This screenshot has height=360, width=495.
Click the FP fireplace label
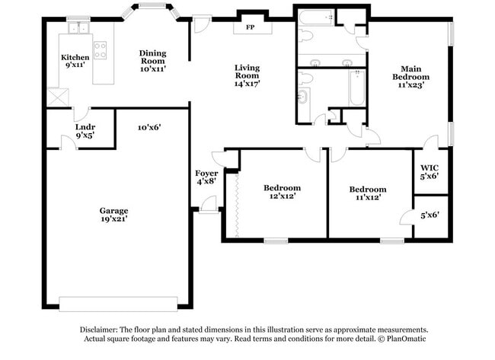click(250, 27)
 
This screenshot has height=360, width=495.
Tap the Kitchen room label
click(75, 57)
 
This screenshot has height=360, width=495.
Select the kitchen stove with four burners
click(100, 50)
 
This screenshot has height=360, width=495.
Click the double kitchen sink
click(78, 27)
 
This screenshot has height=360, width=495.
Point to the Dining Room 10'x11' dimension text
click(153, 68)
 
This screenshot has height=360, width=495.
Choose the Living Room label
click(247, 72)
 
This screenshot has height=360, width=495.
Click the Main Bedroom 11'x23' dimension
click(410, 84)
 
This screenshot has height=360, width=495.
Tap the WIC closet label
click(430, 167)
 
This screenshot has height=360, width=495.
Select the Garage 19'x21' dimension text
click(114, 218)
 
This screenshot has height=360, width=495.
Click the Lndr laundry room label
click(85, 127)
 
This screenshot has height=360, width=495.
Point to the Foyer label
click(206, 174)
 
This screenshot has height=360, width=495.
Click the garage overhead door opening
click(118, 304)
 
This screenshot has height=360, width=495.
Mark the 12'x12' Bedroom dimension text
click(283, 196)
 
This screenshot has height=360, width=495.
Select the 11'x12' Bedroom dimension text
click(368, 198)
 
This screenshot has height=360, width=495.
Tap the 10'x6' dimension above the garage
click(149, 127)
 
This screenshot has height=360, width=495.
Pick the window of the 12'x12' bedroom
click(276, 241)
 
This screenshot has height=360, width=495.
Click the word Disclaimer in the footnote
click(99, 330)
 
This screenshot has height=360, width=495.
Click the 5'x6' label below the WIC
click(430, 215)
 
